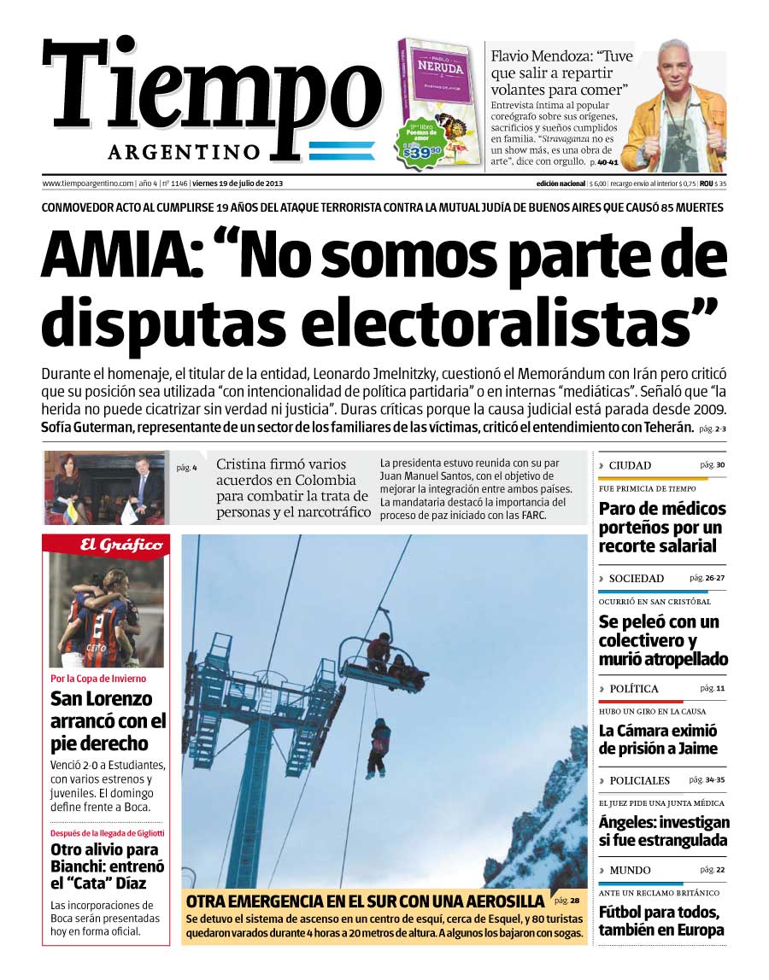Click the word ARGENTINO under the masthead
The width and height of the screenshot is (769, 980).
pos(184,152)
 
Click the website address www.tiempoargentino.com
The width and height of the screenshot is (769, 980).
pos(88,184)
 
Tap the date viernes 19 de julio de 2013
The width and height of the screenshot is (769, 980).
pos(238,184)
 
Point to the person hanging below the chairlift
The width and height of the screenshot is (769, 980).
pos(379,744)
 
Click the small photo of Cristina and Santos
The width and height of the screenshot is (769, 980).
pos(105,487)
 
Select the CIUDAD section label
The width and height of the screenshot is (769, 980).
pos(630,465)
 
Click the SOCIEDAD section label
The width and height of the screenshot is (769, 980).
pos(636,578)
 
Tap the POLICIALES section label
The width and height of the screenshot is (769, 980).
pos(639,780)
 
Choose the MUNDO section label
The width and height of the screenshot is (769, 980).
pos(630,870)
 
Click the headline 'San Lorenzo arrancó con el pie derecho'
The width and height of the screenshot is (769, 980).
pos(102,720)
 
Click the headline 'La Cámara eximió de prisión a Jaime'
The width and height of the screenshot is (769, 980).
pos(658,739)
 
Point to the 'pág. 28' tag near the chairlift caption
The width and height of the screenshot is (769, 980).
pos(566,901)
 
